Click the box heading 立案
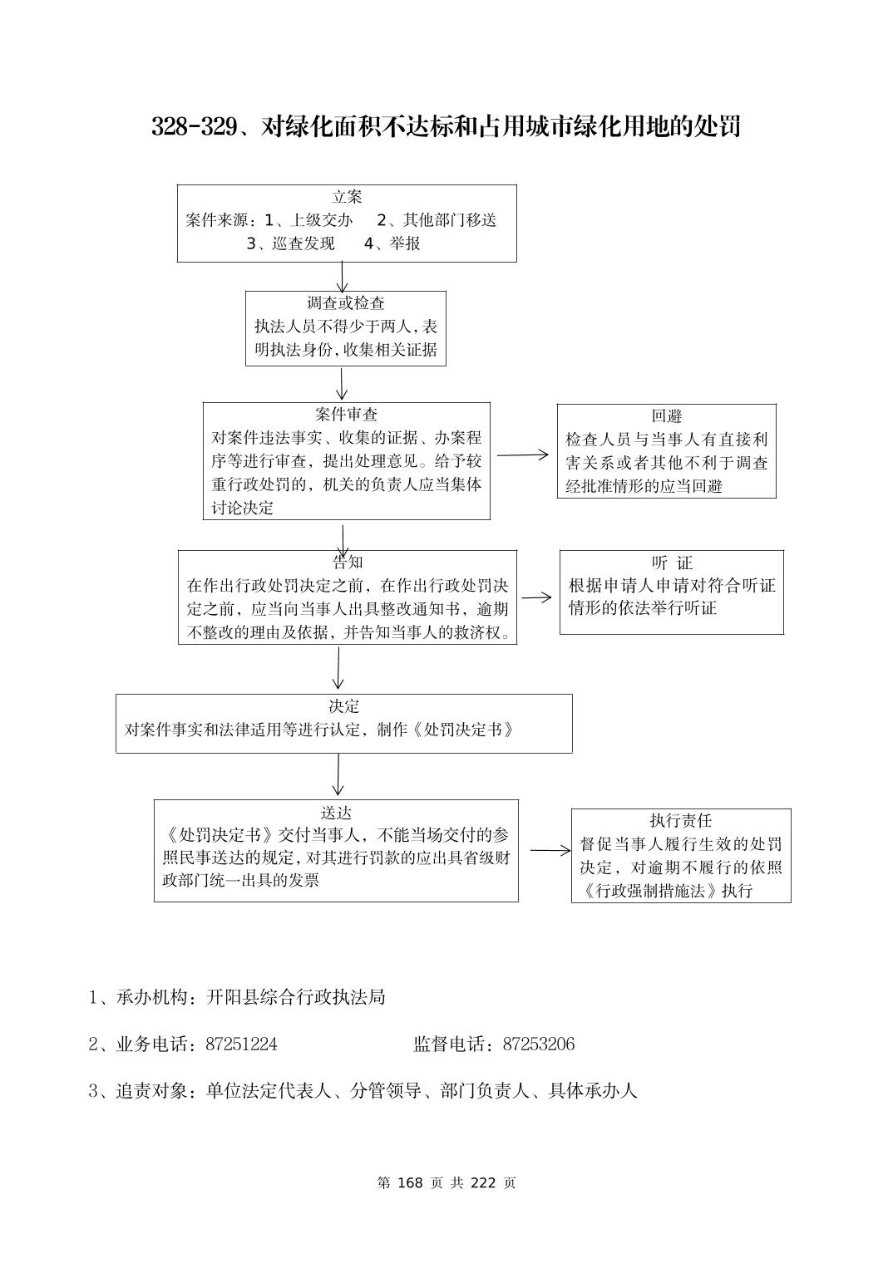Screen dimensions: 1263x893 [347, 197]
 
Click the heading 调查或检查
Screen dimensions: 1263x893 [346, 303]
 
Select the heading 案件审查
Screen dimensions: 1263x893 [346, 415]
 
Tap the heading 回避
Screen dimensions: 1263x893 [667, 416]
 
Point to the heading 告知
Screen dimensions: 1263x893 [348, 562]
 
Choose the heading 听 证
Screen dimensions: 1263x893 [672, 563]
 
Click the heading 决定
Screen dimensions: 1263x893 [343, 706]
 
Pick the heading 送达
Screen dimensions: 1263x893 [336, 812]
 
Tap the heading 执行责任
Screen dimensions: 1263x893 [681, 821]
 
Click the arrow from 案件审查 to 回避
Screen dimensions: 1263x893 [523, 455]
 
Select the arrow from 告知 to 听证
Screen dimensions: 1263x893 [537, 597]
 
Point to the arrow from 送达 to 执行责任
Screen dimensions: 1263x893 [550, 850]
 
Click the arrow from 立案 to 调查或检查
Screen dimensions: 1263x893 [342, 277]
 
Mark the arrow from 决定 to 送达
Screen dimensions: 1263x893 [338, 776]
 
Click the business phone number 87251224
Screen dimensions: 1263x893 [241, 1044]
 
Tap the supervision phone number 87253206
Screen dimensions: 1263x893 [538, 1044]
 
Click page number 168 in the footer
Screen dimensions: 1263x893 [411, 1182]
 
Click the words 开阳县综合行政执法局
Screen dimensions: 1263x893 [296, 996]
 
